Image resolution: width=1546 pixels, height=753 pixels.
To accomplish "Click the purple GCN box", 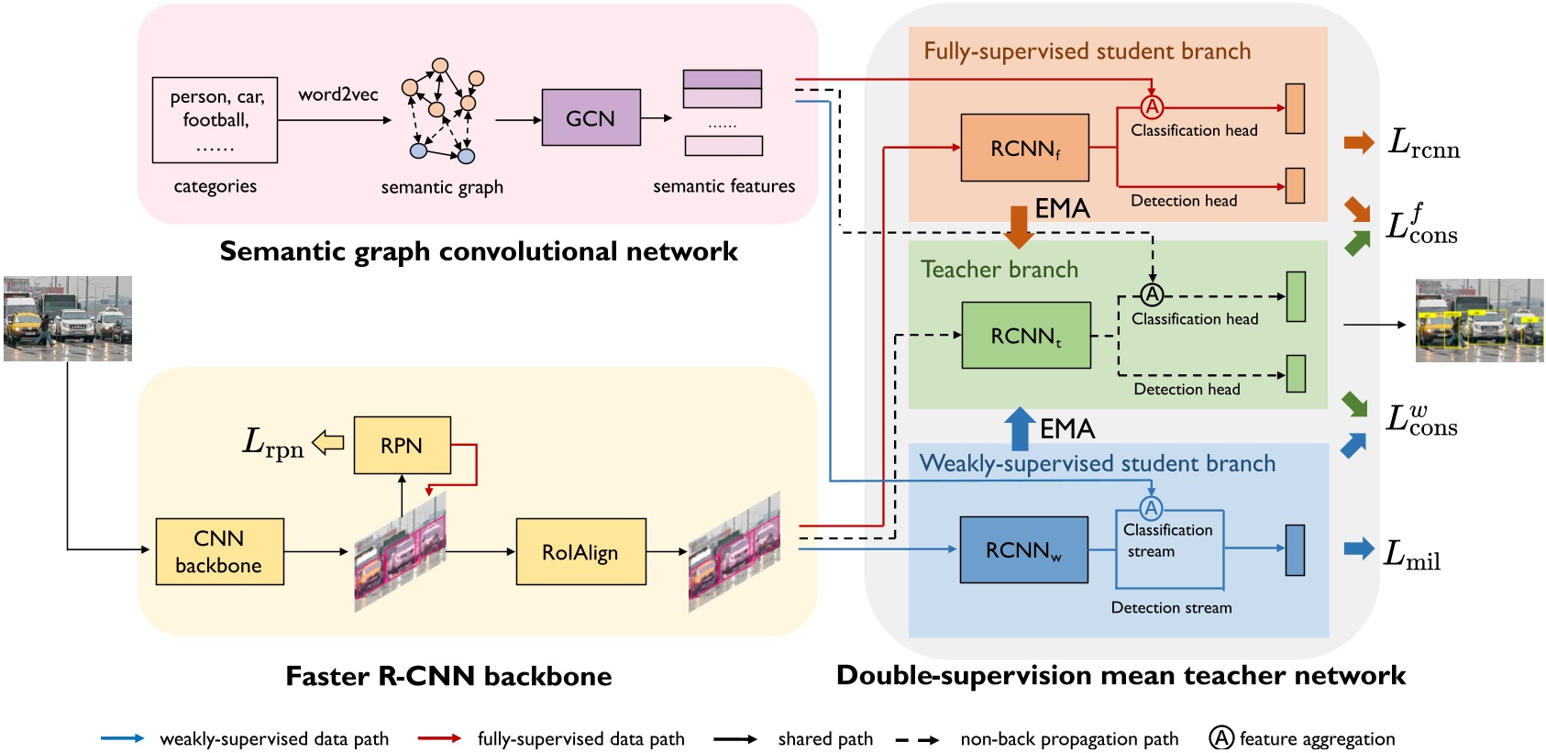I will (591, 117).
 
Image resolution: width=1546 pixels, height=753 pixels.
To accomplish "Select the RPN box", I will (402, 446).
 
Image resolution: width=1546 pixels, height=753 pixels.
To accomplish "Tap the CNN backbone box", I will (219, 551).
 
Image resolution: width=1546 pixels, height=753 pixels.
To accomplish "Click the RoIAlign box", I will (580, 552).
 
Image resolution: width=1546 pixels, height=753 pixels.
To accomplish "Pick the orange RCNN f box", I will (1024, 148).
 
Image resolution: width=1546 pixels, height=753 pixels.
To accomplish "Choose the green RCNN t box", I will (1025, 336).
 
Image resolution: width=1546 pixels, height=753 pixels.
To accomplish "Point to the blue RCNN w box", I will (1023, 549).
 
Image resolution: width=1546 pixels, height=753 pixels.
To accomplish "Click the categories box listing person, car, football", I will (215, 120).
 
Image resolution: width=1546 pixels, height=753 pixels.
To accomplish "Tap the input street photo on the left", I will (68, 318).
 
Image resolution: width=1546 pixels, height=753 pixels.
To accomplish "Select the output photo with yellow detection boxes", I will (1479, 320).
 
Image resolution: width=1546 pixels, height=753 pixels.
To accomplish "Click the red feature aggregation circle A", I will (1152, 107).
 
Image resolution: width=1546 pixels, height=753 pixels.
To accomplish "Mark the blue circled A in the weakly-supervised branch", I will (1151, 508).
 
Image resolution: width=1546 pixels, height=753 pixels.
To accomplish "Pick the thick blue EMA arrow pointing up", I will (1019, 427).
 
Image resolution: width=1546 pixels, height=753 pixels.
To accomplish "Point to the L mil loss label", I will (1411, 554).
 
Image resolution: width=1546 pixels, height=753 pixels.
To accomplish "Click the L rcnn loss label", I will (1423, 143).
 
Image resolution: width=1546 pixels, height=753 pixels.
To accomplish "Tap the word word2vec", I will (337, 94).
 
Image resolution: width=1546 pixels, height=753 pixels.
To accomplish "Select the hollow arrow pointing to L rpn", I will (328, 443).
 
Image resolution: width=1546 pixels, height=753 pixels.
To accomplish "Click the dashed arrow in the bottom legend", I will (916, 739).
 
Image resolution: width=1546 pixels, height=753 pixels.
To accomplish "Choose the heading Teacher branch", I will (999, 270).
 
